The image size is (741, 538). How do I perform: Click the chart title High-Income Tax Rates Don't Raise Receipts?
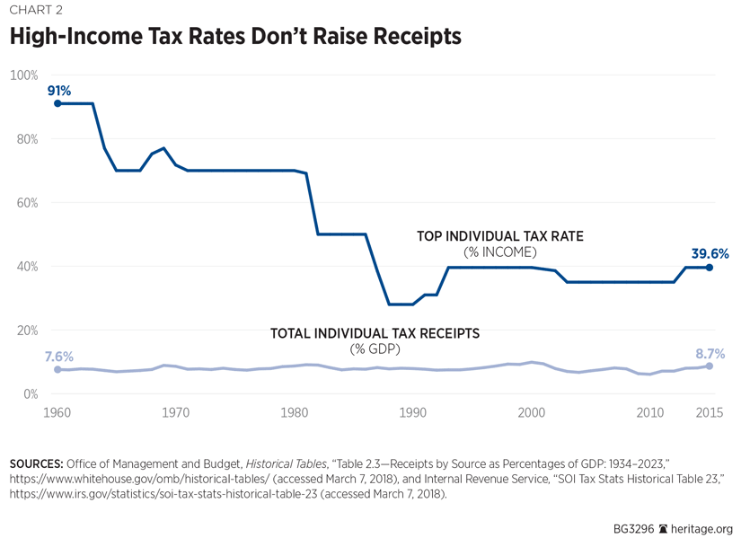coord(235,37)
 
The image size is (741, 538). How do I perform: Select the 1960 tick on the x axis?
coord(57,413)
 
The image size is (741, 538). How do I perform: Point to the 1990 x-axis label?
coord(413,413)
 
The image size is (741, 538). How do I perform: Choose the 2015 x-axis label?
coord(710,413)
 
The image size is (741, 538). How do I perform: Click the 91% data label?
coord(58,91)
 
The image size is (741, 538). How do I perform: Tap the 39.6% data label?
coord(710,253)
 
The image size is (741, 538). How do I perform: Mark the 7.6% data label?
coord(59,357)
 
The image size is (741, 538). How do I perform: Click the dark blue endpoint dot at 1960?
coord(57,103)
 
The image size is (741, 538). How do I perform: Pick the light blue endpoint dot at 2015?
coord(710,366)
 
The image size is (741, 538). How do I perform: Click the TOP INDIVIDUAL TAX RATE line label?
coord(500,237)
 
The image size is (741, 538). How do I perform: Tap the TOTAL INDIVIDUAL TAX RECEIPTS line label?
coord(375,333)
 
